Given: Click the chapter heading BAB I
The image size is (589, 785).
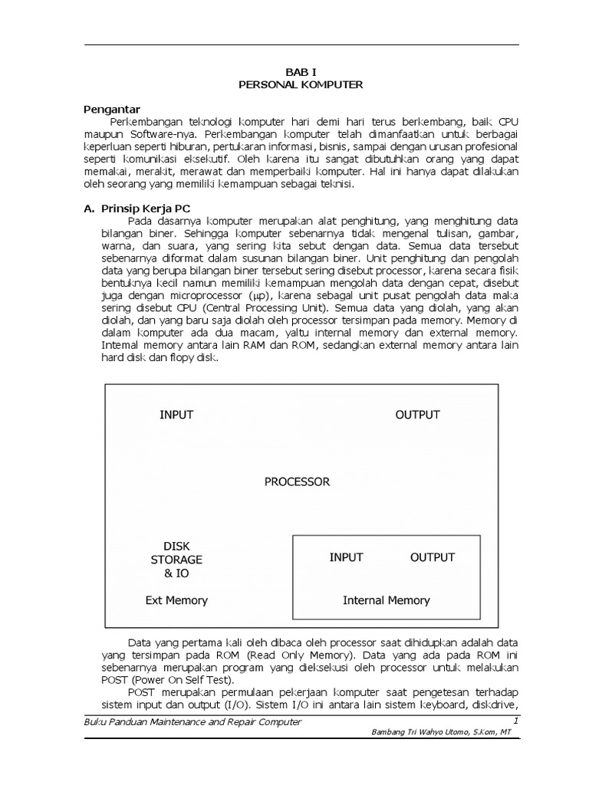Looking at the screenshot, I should pos(301,71).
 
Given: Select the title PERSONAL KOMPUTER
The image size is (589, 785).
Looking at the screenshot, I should pos(301,84).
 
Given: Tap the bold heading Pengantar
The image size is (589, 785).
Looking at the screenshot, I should pos(111,109).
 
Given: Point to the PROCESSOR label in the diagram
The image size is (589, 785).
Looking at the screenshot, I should pos(297,482).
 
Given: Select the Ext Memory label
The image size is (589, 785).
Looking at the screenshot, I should pos(176,600).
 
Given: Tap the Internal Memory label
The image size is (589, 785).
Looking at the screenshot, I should pos(386,600).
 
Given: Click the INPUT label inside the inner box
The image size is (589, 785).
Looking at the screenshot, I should pos(346,557).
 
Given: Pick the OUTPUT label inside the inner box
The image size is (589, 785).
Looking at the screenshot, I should pos(433,557).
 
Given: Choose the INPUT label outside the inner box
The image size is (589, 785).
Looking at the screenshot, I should pos(176,415).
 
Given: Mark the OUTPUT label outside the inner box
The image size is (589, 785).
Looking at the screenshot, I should pos(417,415).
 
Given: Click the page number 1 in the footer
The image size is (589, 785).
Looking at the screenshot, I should pos(516,721).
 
